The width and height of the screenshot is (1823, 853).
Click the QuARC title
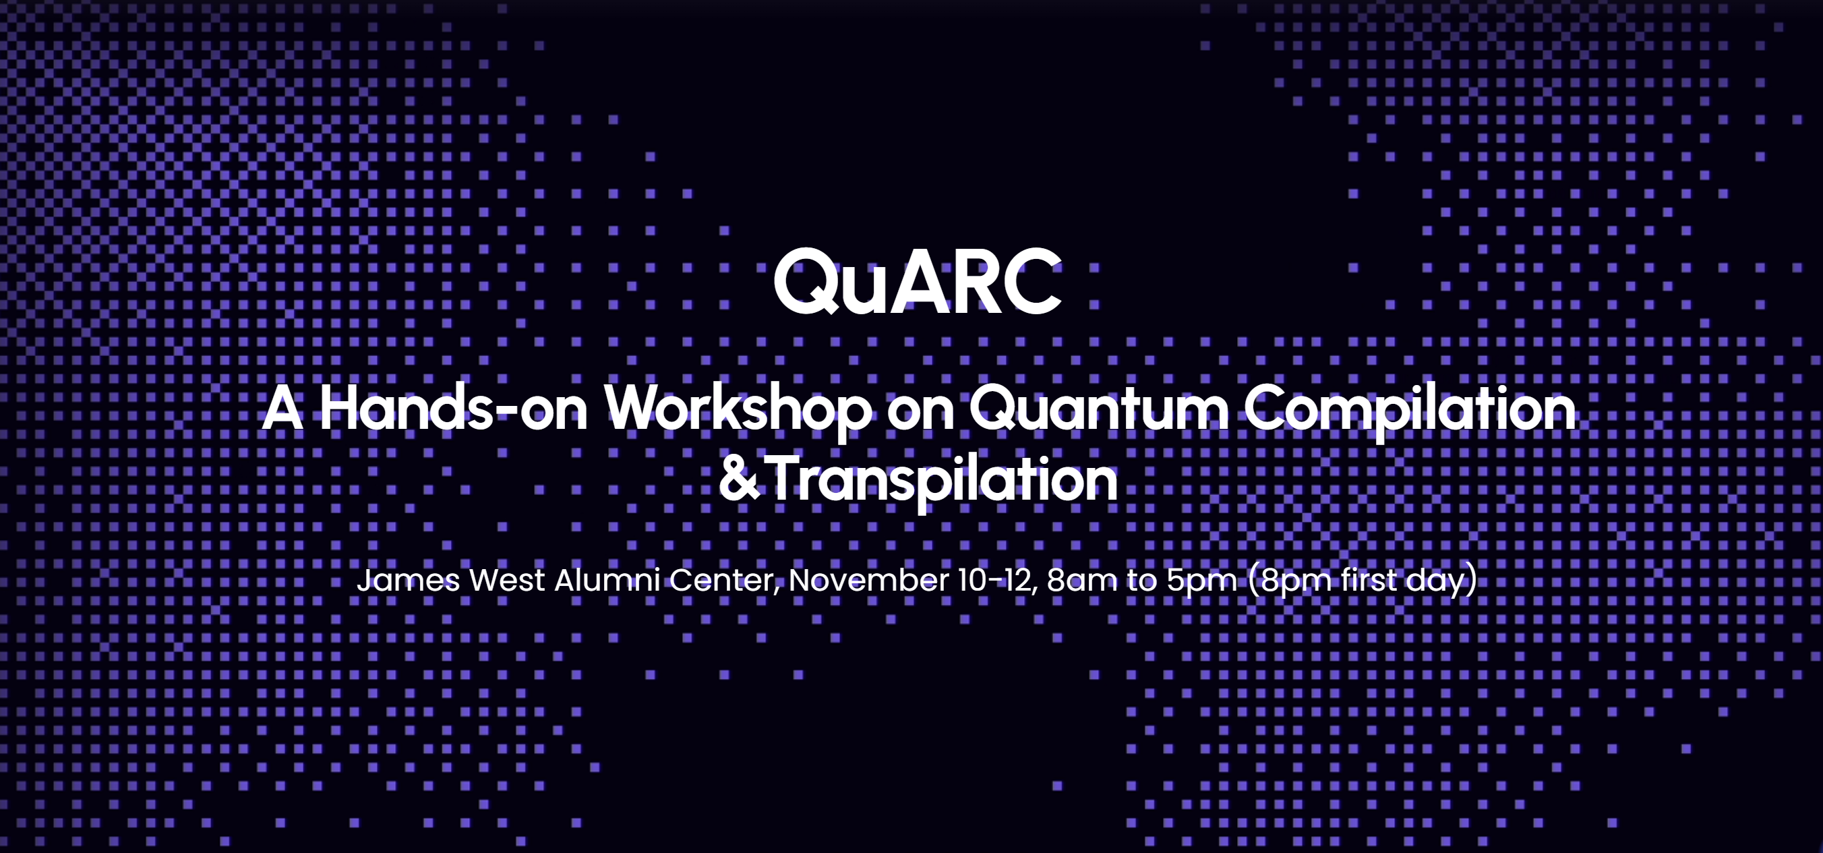point(917,282)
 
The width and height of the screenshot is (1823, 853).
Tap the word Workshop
point(738,409)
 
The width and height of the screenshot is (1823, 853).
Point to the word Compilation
point(1410,409)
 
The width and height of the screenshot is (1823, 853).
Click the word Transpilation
point(940,480)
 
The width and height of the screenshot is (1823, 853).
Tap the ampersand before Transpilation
point(739,479)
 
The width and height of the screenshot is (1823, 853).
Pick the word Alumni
point(607,580)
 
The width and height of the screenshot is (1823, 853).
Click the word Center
point(724,580)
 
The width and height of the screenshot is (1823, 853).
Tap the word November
point(868,580)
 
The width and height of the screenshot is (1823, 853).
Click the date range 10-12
point(996,580)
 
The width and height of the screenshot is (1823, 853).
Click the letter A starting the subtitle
point(282,409)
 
